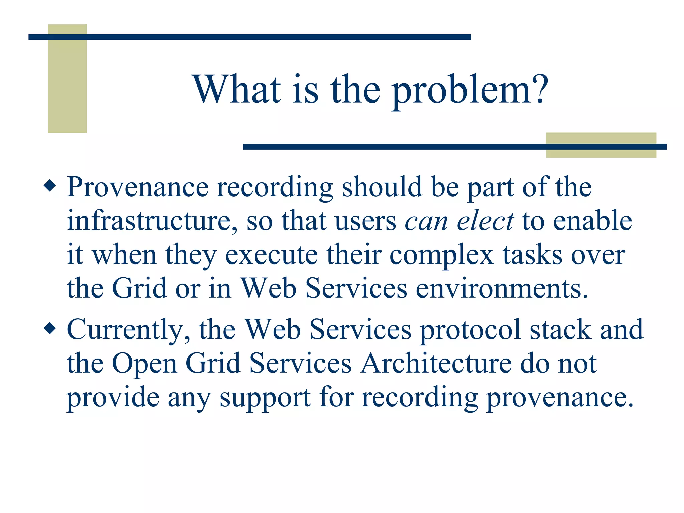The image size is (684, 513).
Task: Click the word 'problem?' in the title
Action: [470, 90]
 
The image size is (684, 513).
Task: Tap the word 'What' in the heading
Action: [237, 89]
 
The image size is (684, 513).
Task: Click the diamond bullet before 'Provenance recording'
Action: [50, 185]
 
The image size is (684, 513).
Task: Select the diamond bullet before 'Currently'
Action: [50, 328]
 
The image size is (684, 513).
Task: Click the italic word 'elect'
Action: [485, 221]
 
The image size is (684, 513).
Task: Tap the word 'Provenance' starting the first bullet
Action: [138, 187]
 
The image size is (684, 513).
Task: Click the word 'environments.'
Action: [502, 289]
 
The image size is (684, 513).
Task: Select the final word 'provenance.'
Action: [559, 398]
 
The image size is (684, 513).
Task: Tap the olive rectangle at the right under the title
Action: [601, 145]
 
